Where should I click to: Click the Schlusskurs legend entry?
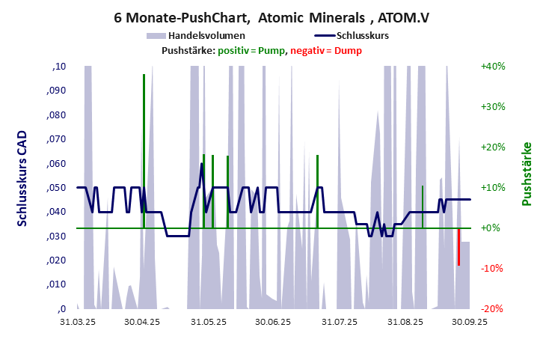pyautogui.click(x=361, y=35)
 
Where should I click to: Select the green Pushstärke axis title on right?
pyautogui.click(x=526, y=174)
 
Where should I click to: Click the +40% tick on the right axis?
pyautogui.click(x=493, y=66)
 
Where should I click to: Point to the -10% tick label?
pyautogui.click(x=493, y=268)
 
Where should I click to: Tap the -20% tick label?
pyautogui.click(x=493, y=308)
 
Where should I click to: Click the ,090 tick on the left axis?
pyautogui.click(x=57, y=91)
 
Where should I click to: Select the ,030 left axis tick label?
pyautogui.click(x=57, y=236)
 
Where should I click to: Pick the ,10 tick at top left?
pyautogui.click(x=59, y=67)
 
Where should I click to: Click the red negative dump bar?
pyautogui.click(x=458, y=247)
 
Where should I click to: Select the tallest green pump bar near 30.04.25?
pyautogui.click(x=144, y=150)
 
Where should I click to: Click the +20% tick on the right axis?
pyautogui.click(x=493, y=147)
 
